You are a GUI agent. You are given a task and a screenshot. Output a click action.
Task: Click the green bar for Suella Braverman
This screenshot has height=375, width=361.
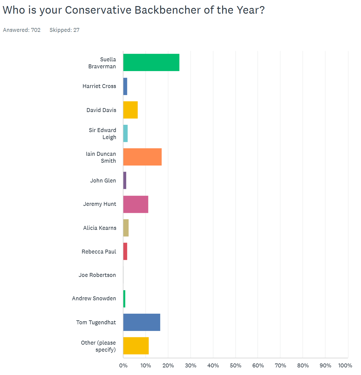[151, 63]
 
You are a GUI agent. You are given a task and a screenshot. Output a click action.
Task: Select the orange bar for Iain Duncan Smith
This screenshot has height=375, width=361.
[142, 157]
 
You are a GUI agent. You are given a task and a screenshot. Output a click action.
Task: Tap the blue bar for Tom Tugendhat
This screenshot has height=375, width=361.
[142, 322]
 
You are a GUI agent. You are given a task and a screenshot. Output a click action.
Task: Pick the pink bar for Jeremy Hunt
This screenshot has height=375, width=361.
[136, 204]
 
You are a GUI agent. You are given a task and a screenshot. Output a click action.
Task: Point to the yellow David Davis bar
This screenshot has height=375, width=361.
[130, 110]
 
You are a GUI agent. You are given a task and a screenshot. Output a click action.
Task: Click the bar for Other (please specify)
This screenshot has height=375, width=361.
[136, 346]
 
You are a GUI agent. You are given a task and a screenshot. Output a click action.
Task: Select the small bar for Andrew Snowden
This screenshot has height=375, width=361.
[124, 299]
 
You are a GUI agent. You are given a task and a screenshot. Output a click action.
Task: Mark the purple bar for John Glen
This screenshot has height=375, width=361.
[125, 180]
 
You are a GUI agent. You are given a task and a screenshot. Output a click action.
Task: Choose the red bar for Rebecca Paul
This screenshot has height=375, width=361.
[125, 251]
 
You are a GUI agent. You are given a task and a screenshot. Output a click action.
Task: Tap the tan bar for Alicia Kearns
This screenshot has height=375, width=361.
[126, 228]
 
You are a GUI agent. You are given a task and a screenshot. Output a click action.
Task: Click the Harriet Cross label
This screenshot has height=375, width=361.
[99, 86]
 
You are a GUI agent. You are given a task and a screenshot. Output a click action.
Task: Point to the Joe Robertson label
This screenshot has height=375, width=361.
[97, 275]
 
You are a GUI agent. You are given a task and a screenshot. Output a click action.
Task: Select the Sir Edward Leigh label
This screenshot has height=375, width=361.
[103, 134]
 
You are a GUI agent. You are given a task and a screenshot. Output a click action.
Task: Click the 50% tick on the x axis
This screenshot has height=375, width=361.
[235, 366]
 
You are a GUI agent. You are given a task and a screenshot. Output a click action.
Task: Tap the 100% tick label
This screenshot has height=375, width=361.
[345, 366]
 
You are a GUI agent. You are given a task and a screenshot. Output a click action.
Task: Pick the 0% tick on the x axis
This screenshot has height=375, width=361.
[123, 366]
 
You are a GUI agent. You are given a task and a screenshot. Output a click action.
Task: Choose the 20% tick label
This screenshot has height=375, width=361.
[168, 366]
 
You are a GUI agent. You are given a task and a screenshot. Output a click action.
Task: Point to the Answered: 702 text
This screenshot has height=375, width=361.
[22, 30]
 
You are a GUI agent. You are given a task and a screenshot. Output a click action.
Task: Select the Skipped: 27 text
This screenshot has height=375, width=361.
[64, 30]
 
